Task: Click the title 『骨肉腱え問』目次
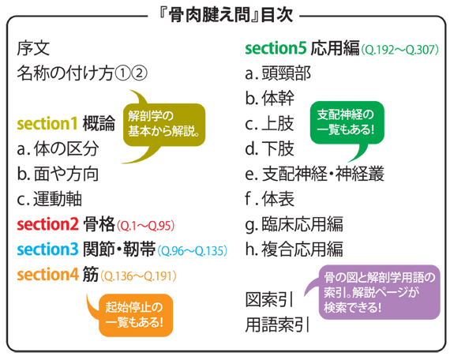(226, 14)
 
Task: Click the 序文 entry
(33, 48)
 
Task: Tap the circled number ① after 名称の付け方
(122, 73)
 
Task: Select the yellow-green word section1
(47, 124)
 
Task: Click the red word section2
(47, 224)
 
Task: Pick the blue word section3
(47, 249)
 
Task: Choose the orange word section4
(47, 274)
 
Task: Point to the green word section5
(276, 48)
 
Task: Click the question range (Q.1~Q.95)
(145, 226)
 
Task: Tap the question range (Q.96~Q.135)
(193, 251)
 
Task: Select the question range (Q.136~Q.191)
(138, 276)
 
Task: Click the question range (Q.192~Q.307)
(399, 50)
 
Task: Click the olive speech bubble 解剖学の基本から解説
(164, 126)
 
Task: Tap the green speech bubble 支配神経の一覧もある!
(347, 123)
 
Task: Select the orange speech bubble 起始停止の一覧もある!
(135, 315)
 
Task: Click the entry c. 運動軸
(50, 199)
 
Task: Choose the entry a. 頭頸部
(278, 73)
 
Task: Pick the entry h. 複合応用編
(294, 249)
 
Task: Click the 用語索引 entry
(277, 324)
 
